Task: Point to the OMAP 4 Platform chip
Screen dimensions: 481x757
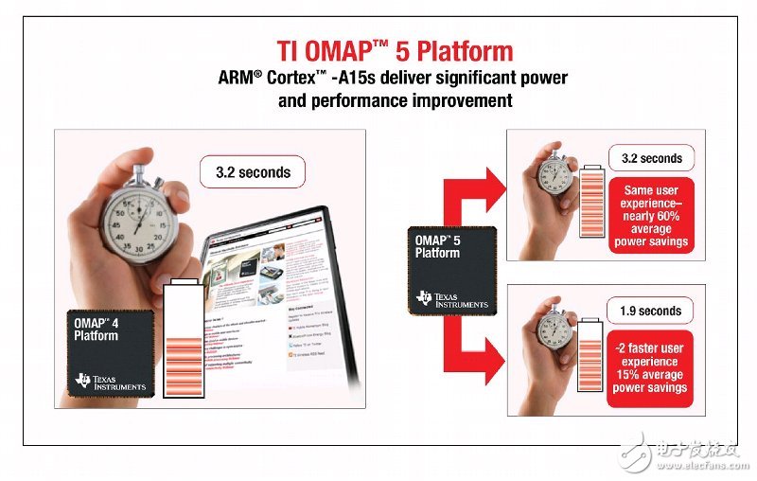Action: pos(110,352)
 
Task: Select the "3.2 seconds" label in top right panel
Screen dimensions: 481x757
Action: pos(651,157)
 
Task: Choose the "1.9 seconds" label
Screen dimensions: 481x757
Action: pos(651,311)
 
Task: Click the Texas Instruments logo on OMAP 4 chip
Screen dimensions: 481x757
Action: pos(110,382)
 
